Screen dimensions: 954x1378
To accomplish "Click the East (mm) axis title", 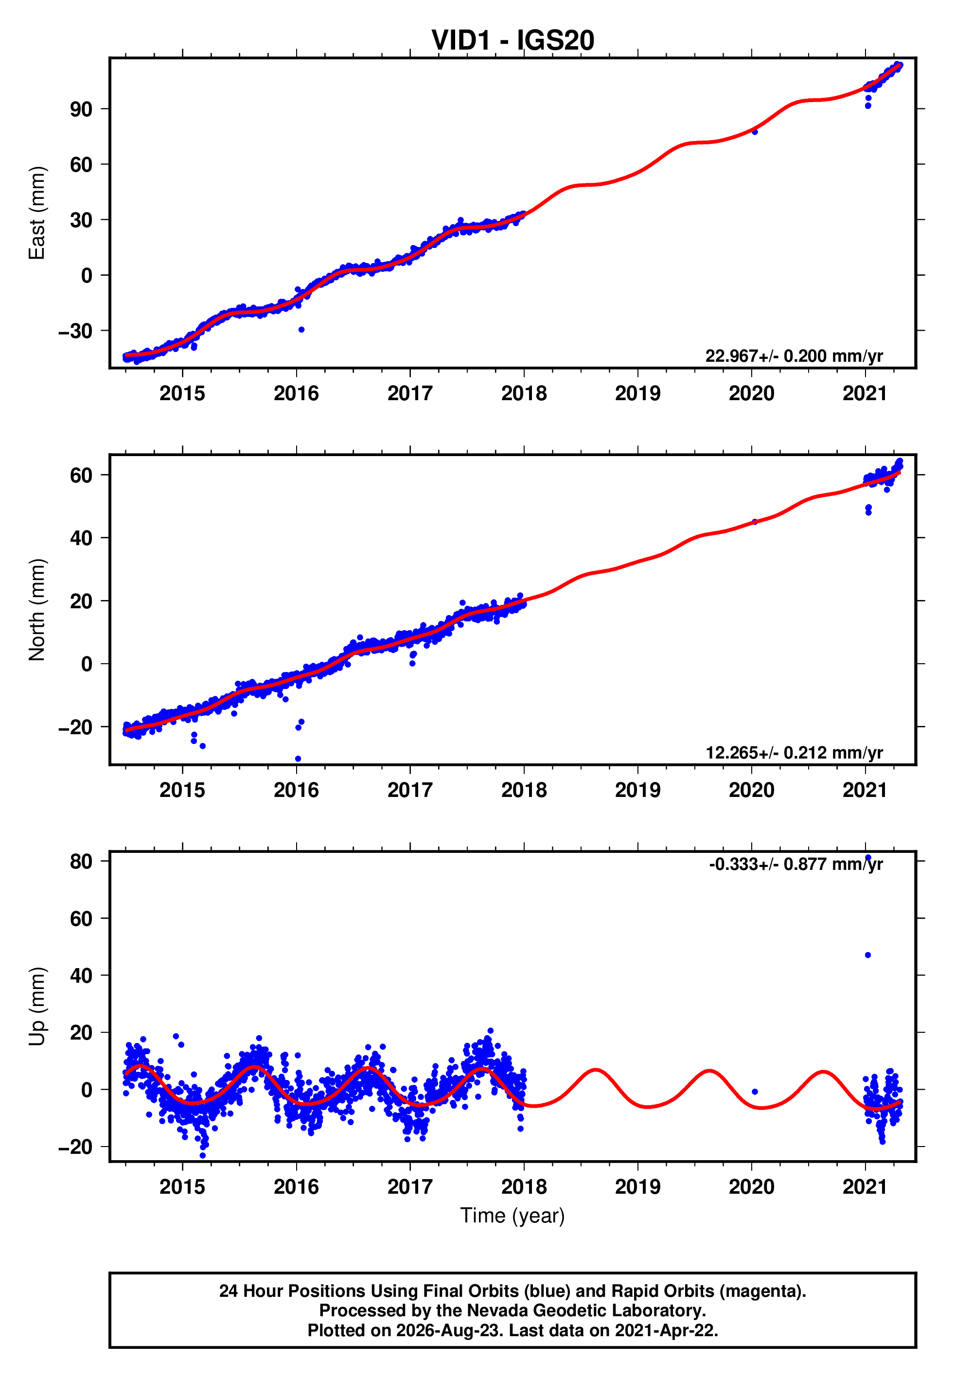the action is point(37,213).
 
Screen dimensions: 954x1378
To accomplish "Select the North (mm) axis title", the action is point(37,610).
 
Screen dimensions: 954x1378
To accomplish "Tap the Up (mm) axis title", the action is point(37,1007).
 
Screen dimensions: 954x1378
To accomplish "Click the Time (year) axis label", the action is point(512,1216).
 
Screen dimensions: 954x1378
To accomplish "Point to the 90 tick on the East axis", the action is point(81,109).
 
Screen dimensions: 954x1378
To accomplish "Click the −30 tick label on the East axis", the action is point(75,331).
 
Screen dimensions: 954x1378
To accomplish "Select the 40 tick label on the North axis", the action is point(81,538).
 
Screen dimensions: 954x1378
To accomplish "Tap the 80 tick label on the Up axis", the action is point(81,861).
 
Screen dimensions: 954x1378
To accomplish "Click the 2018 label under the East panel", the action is point(524,393).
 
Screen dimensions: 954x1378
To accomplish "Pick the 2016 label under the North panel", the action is point(297,790).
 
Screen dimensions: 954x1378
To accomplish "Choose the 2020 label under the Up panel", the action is point(752,1187).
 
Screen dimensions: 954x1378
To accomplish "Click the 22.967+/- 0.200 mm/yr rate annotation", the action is point(794,355).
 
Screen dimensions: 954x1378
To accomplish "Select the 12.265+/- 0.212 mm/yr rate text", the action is point(794,752).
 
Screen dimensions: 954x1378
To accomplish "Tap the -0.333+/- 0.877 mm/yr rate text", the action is point(795,864).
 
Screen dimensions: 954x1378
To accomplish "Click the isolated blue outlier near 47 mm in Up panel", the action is point(868,955).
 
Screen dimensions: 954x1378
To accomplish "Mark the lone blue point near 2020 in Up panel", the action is point(755,1092).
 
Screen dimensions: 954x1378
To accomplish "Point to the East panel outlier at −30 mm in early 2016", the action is point(301,329).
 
